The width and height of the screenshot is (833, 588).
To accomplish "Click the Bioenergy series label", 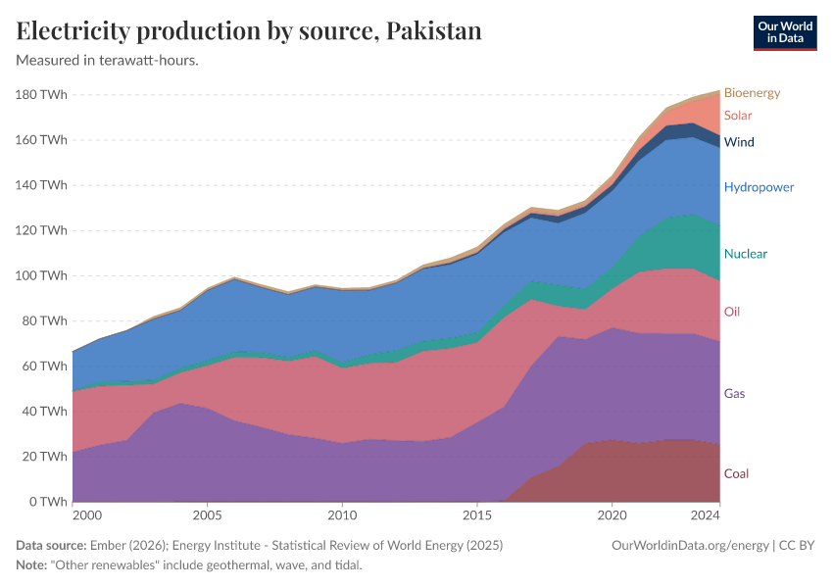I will [752, 93].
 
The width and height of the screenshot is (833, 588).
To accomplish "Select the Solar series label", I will [738, 116].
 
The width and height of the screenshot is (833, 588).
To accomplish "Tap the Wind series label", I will [739, 142].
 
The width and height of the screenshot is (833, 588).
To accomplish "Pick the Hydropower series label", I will [759, 187].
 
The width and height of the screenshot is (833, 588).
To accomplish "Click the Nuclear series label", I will [745, 254].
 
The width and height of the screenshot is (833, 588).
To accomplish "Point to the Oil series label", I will [731, 312].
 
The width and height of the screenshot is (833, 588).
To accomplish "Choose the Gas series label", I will [735, 393].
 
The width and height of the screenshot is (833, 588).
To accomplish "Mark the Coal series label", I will [736, 473].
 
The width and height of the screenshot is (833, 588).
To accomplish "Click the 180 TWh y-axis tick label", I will [42, 95].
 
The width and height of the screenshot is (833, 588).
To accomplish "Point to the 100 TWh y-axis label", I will [42, 275].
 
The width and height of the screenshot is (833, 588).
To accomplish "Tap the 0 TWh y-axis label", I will [47, 502].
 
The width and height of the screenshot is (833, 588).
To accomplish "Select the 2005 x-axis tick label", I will [207, 515].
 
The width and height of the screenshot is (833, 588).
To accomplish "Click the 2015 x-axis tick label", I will [476, 515].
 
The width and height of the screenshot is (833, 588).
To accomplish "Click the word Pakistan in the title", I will [434, 31].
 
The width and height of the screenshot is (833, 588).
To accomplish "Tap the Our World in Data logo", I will [784, 32].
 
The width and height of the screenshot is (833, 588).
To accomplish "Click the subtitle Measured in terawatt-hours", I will [108, 61].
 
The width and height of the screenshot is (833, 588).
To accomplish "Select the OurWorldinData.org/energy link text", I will [689, 545].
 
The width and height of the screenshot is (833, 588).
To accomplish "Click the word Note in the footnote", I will [31, 565].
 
